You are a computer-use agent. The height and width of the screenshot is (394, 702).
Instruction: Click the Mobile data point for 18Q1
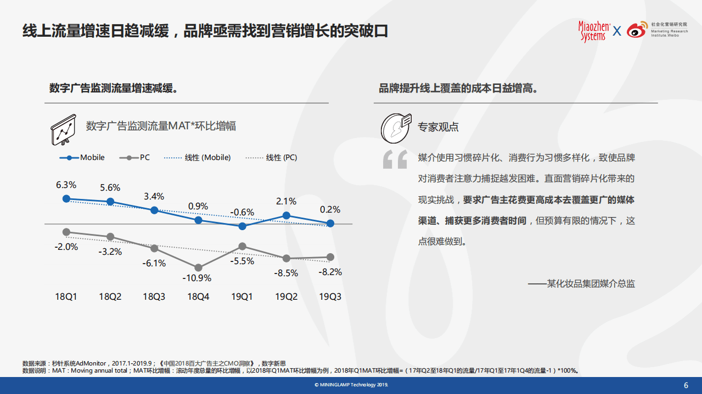[x=66, y=199]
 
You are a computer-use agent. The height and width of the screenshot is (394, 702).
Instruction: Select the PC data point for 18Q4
[x=198, y=267]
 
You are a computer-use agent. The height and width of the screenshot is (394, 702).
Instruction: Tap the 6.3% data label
[x=66, y=185]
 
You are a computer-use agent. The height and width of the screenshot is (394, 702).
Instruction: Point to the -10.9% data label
[x=196, y=278]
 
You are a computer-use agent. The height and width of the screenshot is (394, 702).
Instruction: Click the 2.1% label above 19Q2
[x=286, y=201]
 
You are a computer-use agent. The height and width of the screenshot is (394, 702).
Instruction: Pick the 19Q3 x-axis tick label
[x=330, y=296]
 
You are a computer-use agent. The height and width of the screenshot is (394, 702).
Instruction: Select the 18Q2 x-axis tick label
[x=110, y=296]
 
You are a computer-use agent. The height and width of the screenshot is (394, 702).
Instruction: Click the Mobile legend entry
[x=82, y=157]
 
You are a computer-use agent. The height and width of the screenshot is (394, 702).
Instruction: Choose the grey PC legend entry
[x=134, y=157]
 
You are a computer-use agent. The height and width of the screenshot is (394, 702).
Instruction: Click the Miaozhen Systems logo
[x=593, y=31]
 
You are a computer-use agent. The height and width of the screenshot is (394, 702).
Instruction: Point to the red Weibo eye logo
[x=636, y=30]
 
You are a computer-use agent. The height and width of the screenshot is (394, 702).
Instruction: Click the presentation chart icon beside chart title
[x=64, y=130]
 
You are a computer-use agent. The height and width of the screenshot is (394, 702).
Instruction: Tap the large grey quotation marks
[x=395, y=159]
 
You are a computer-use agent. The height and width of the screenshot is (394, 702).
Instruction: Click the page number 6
[x=686, y=385]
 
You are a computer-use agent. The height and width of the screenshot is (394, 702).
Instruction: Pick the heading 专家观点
[x=438, y=127]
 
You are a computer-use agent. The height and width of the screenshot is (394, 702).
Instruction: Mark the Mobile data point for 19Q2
[x=286, y=216]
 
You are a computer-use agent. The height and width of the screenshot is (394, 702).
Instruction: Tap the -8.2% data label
[x=330, y=272]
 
